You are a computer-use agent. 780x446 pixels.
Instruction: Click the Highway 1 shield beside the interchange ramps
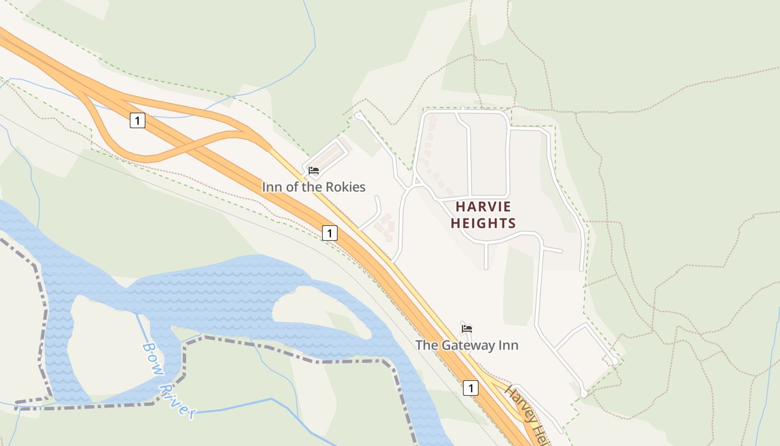point(138,120)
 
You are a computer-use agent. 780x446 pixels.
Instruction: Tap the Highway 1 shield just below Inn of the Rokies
point(330,232)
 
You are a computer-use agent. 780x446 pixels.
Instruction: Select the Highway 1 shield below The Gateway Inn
point(471,387)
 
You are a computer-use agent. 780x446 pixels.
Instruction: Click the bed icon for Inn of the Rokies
point(314,171)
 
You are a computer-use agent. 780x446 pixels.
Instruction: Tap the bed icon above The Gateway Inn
point(467,328)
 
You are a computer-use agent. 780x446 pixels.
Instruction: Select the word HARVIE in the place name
point(483,206)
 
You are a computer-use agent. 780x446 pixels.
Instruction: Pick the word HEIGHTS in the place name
point(483,224)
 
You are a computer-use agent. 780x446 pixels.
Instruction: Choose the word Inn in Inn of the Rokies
point(272,187)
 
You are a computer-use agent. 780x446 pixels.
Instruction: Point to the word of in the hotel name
point(291,187)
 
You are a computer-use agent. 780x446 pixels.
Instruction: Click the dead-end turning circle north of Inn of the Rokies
point(357,115)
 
